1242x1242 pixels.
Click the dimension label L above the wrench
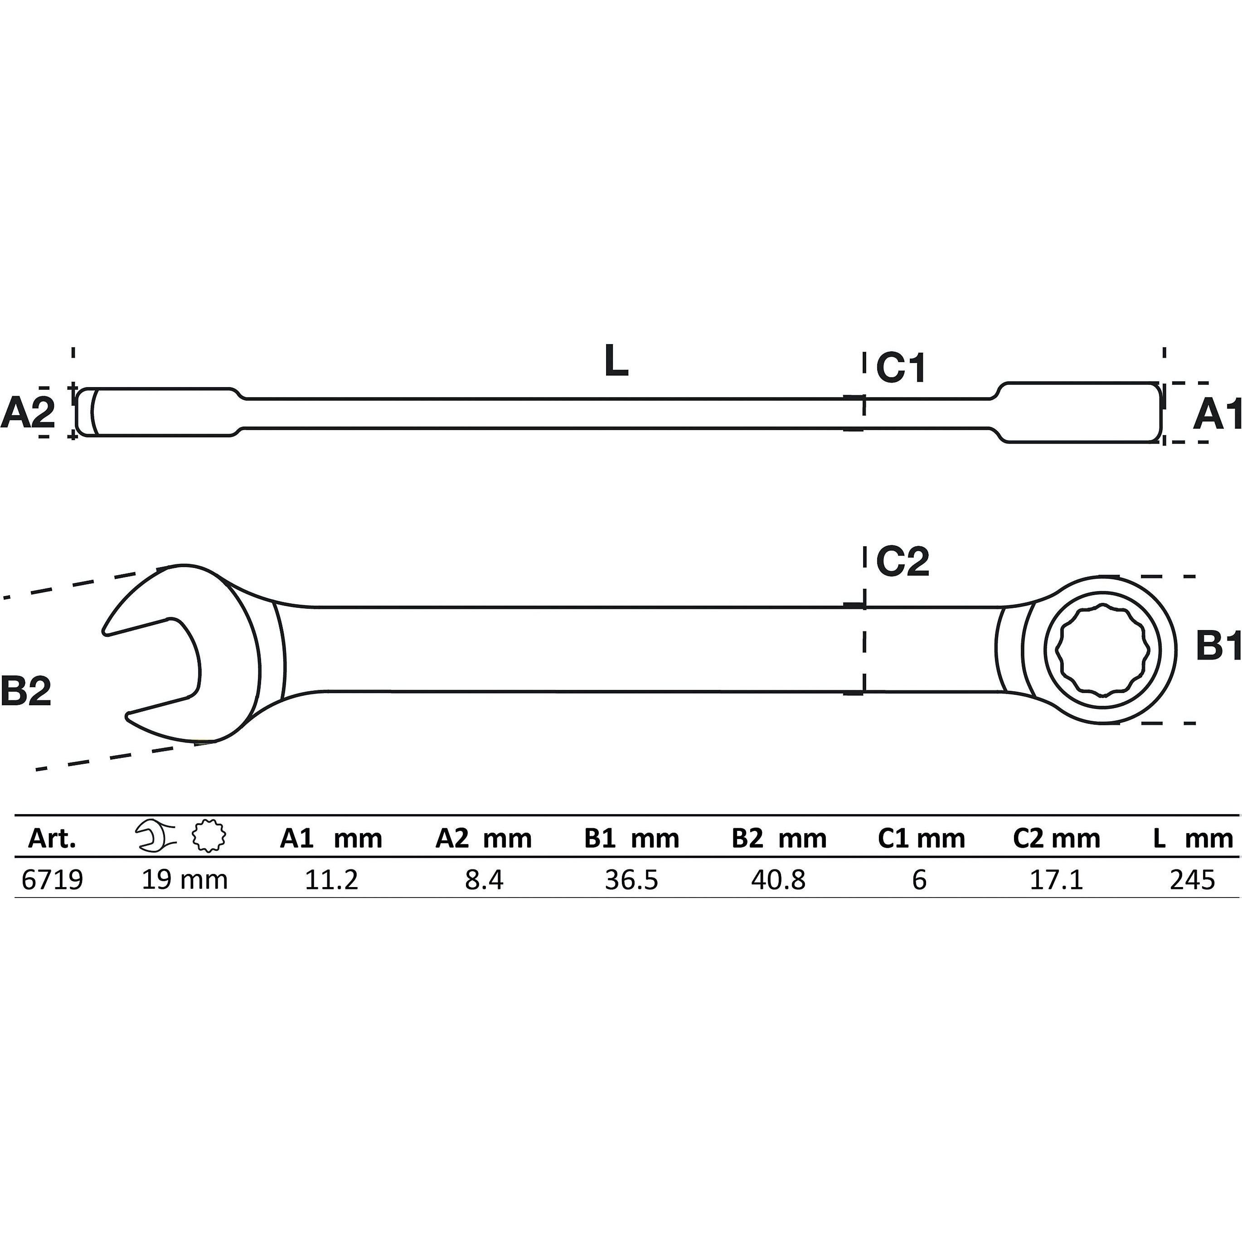[616, 361]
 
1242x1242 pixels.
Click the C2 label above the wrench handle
[902, 561]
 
